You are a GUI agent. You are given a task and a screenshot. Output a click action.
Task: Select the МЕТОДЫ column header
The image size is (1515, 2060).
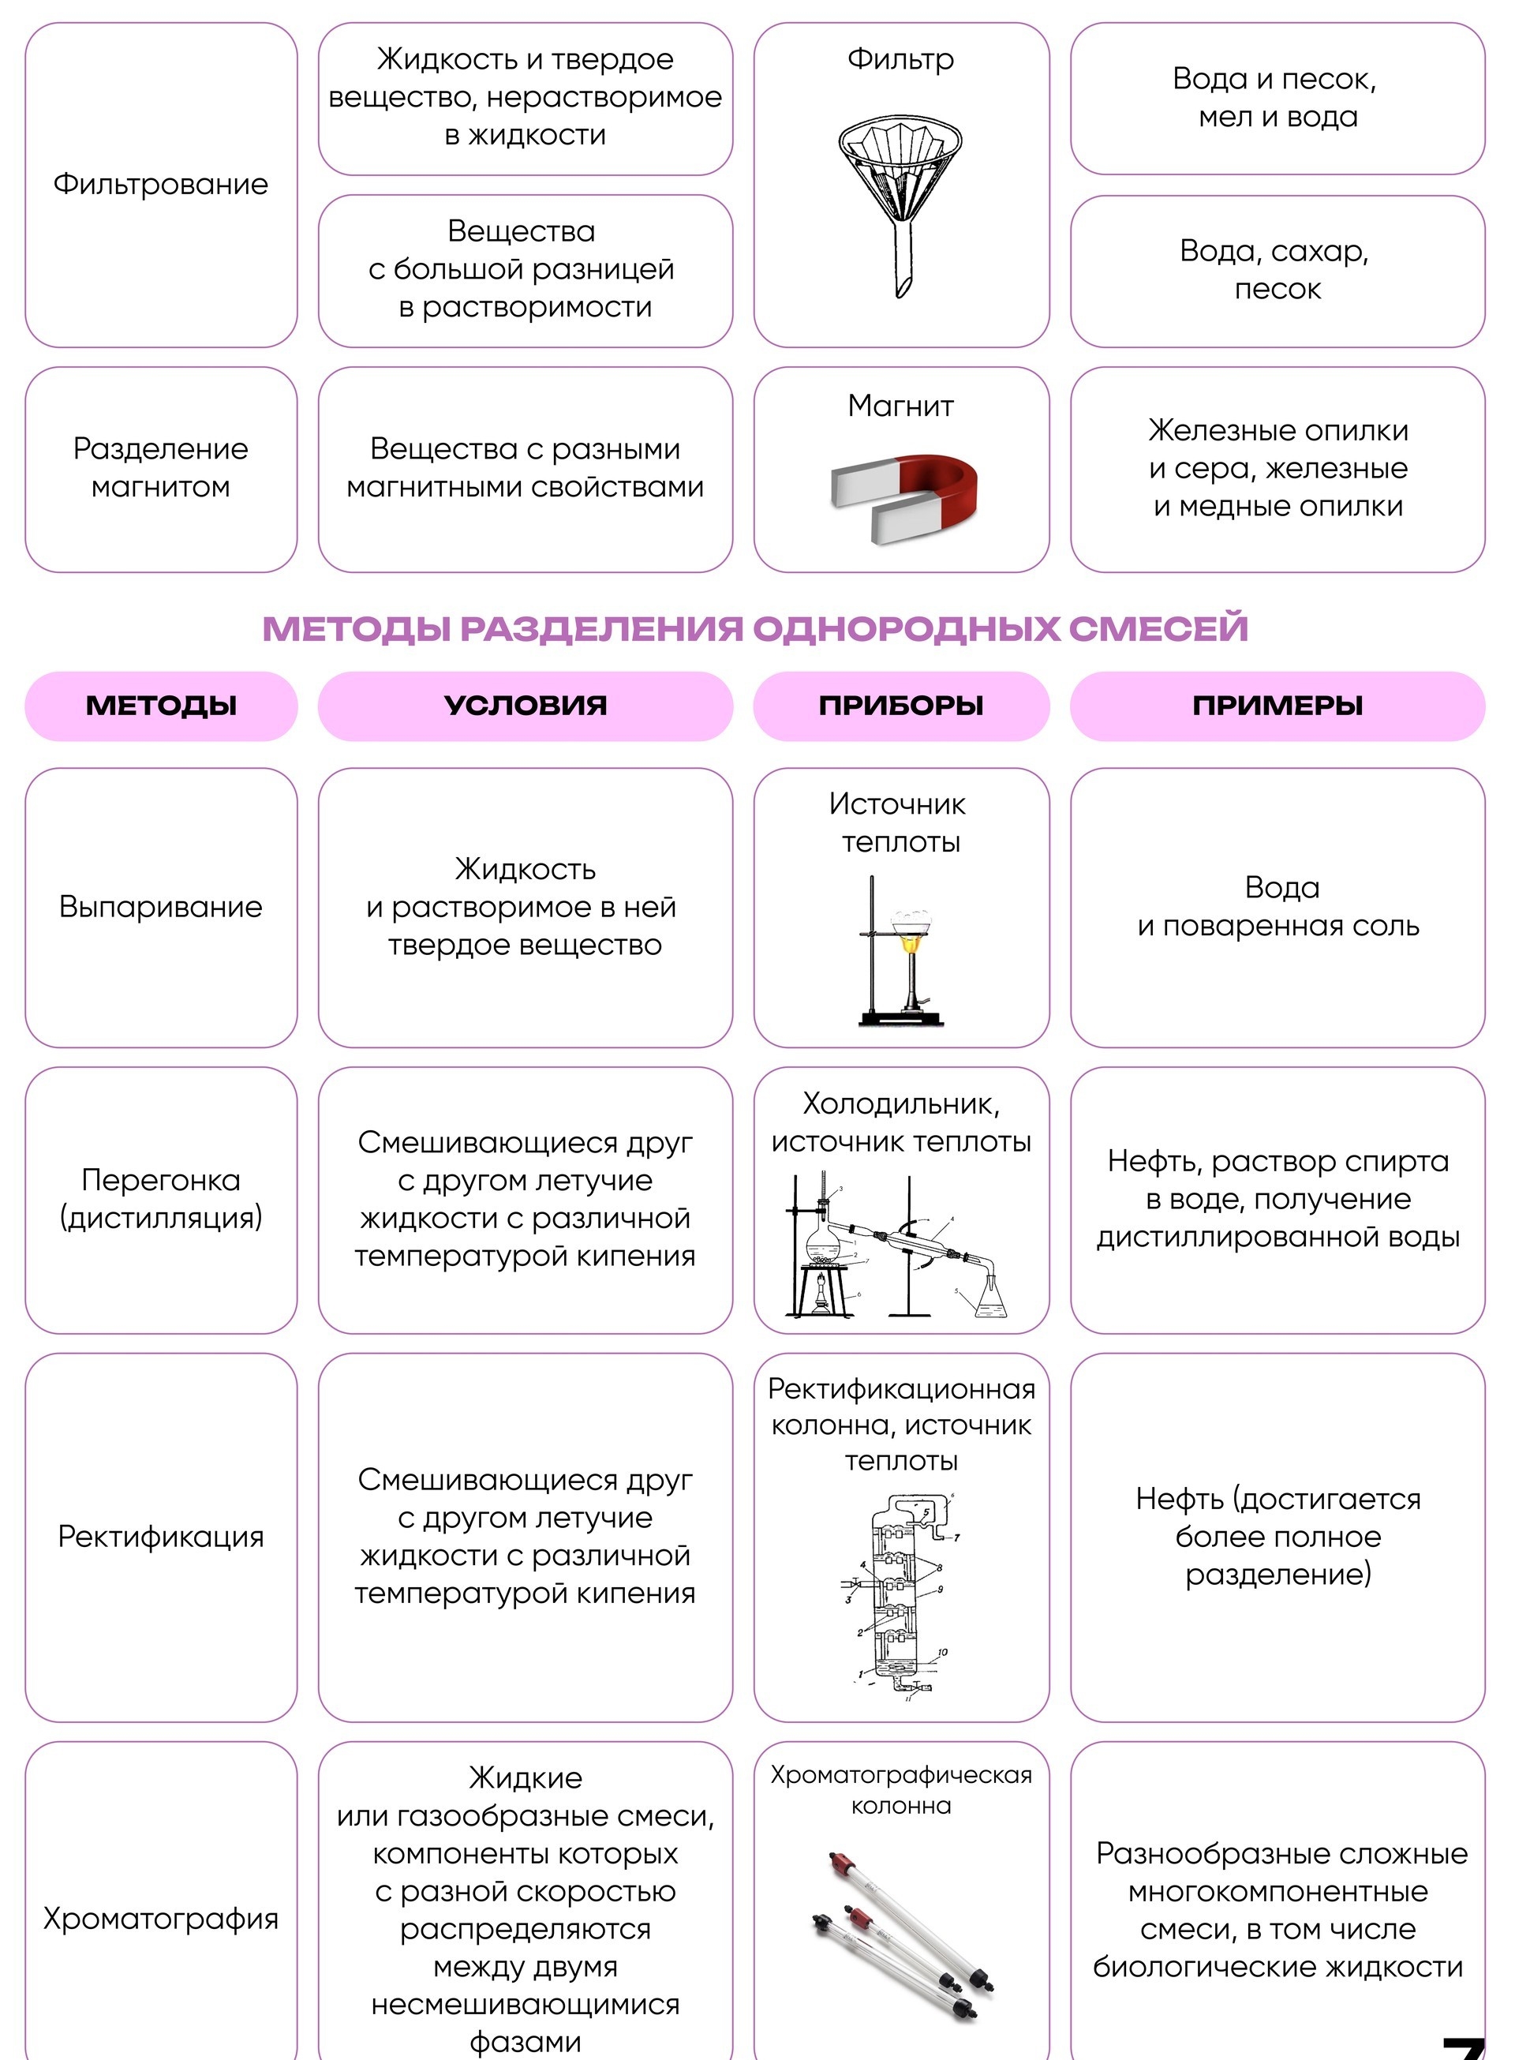(x=162, y=706)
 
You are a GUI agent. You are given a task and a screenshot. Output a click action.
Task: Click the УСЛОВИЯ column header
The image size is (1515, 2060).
(x=526, y=706)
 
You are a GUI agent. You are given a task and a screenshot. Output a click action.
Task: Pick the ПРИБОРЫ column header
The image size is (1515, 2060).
(x=900, y=706)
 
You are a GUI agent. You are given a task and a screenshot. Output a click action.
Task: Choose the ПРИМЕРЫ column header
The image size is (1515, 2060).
(x=1277, y=706)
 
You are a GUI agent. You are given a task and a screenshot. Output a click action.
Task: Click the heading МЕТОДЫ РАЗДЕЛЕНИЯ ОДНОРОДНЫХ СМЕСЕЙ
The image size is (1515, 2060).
(x=756, y=629)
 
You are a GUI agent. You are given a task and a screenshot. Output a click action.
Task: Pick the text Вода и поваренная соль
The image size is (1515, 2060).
(x=1278, y=907)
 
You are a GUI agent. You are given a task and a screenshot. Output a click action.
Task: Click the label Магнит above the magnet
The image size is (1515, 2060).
(x=900, y=406)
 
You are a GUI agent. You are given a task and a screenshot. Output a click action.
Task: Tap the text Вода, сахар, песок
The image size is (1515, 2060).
(x=1277, y=270)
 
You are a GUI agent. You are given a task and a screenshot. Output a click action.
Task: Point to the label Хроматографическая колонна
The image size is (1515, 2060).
(x=900, y=1790)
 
